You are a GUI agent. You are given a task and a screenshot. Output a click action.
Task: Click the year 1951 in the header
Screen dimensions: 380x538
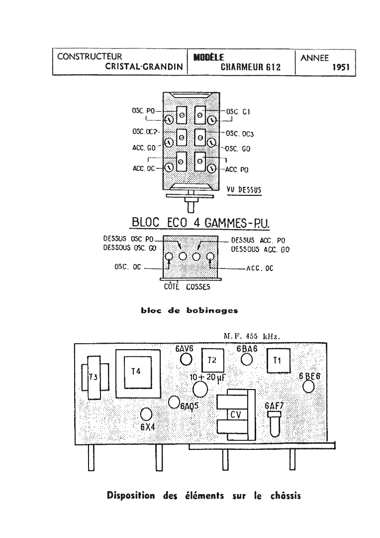341,67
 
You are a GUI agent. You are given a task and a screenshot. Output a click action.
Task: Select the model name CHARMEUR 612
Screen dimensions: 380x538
251,67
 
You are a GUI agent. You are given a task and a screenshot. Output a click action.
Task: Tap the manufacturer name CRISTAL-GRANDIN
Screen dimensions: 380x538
144,66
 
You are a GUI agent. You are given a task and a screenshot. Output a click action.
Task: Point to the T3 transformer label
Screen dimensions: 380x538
93,377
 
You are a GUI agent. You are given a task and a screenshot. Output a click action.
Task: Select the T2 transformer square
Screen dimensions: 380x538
213,360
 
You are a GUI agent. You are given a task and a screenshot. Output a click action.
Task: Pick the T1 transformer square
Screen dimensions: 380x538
278,360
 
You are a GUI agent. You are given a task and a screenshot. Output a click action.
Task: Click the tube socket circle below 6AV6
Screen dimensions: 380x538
186,359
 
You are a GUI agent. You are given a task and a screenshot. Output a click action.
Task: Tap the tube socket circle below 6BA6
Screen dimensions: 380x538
246,360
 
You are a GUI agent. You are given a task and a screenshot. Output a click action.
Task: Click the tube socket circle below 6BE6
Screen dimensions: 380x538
309,387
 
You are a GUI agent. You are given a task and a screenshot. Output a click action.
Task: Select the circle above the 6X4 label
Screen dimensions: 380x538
146,414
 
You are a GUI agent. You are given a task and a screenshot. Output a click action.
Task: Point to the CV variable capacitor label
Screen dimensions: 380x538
236,415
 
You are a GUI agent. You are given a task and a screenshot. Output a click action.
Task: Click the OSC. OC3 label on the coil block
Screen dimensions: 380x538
240,134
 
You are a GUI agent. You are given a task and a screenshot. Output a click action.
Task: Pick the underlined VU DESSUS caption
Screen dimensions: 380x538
244,190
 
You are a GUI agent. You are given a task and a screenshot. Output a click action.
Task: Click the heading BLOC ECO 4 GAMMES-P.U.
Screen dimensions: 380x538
201,223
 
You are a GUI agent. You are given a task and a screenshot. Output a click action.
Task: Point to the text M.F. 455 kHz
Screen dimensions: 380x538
252,336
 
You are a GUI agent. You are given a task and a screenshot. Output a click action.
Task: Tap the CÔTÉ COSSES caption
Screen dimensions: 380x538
187,286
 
